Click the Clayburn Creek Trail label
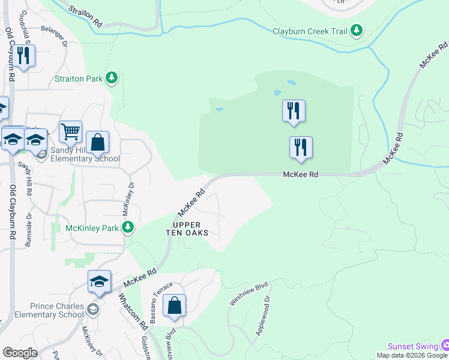pyautogui.click(x=310, y=31)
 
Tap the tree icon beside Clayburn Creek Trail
pyautogui.click(x=357, y=30)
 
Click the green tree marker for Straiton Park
pyautogui.click(x=112, y=77)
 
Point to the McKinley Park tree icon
pyautogui.click(x=127, y=227)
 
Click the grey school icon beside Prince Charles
pyautogui.click(x=92, y=310)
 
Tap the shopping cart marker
pyautogui.click(x=70, y=131)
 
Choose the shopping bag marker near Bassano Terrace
pyautogui.click(x=174, y=305)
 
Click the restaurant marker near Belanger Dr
pyautogui.click(x=23, y=56)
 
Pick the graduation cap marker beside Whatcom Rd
pyautogui.click(x=100, y=282)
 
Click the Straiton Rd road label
pyautogui.click(x=85, y=16)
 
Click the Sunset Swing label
pyautogui.click(x=413, y=346)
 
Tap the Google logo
pyautogui.click(x=20, y=353)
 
